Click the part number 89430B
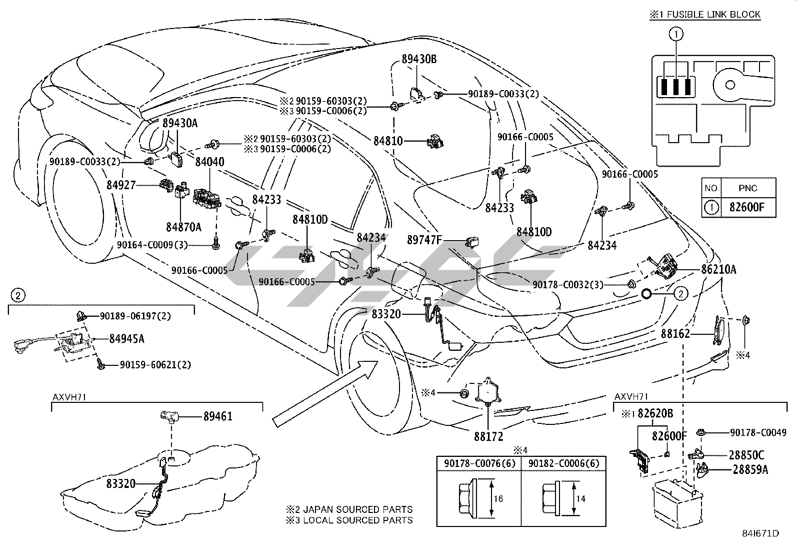click(419, 60)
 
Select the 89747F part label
click(424, 240)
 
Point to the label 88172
click(488, 436)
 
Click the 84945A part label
click(126, 339)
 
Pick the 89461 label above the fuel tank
click(217, 416)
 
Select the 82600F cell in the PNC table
click(747, 207)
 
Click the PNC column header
click(747, 188)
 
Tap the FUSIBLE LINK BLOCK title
click(709, 15)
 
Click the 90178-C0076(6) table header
click(478, 463)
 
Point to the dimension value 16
click(497, 498)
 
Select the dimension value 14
click(580, 498)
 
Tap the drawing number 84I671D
click(761, 533)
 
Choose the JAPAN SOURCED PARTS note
click(349, 509)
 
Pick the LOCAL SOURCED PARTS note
click(349, 520)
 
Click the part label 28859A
click(750, 470)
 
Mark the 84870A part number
click(183, 227)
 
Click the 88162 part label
click(675, 334)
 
